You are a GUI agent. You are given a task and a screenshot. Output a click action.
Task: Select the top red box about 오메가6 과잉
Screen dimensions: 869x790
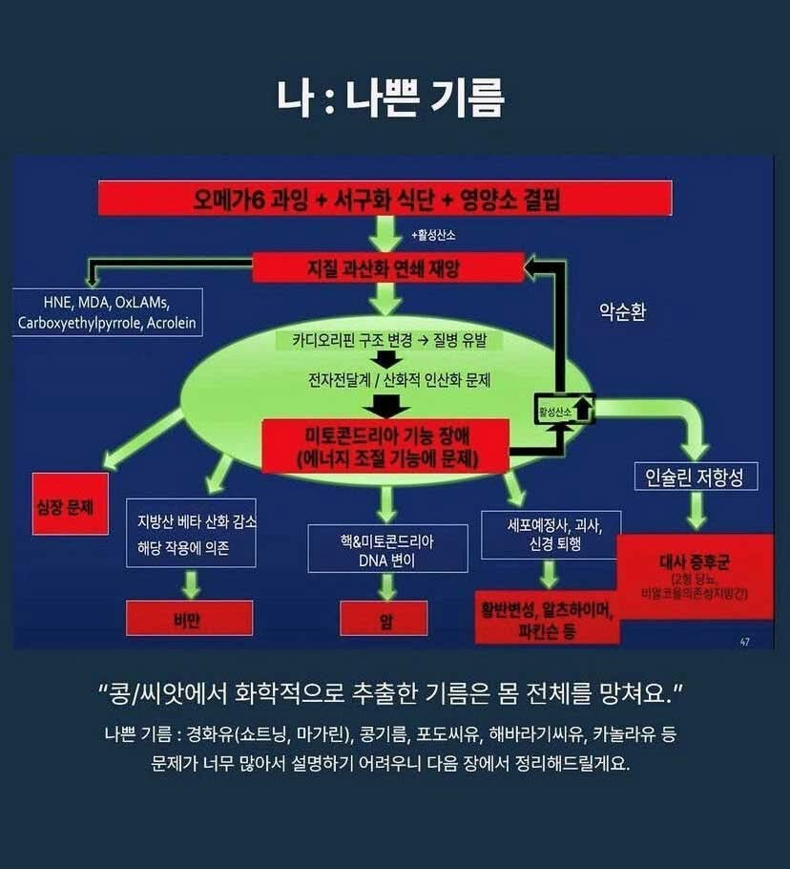click(x=393, y=200)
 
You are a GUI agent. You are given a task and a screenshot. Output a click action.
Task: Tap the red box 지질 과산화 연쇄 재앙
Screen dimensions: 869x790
click(x=387, y=267)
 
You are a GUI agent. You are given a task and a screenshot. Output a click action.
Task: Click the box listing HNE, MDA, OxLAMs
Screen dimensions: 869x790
click(x=106, y=312)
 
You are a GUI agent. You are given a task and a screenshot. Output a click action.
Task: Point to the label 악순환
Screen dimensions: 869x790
click(x=622, y=311)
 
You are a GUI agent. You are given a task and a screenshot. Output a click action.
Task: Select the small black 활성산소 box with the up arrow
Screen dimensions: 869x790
click(x=564, y=410)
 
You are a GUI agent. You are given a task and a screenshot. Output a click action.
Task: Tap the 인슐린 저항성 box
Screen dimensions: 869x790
click(x=696, y=476)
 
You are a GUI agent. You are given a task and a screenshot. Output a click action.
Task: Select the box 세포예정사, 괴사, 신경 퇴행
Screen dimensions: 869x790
click(x=551, y=534)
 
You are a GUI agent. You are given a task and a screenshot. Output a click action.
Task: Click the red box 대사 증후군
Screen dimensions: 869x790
click(x=695, y=576)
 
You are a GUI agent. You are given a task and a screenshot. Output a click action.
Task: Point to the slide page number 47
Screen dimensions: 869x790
click(x=744, y=642)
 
